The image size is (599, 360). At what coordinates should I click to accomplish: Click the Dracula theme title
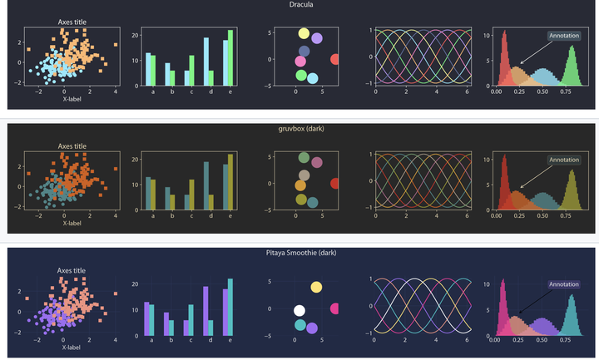(x=301, y=5)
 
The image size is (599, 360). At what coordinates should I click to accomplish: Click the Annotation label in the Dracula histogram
(x=564, y=36)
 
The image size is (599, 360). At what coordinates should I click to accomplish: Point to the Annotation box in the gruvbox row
(x=564, y=160)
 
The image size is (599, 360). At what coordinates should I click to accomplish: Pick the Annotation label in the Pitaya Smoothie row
(x=564, y=284)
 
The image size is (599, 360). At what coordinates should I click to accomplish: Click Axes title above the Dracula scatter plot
(x=72, y=22)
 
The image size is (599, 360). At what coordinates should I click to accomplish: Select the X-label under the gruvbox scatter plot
(x=72, y=223)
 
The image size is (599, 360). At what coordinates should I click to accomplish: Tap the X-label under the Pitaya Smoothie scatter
(x=72, y=347)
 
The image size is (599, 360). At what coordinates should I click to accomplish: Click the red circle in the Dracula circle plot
(x=334, y=59)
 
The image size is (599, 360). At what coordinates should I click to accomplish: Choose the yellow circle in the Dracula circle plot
(x=304, y=36)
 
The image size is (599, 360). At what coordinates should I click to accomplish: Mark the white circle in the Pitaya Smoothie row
(x=299, y=311)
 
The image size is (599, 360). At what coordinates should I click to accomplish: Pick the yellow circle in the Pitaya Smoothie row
(x=316, y=288)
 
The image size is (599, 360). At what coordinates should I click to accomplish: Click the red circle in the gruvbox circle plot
(x=334, y=184)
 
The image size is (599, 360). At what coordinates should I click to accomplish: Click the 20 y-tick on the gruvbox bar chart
(x=135, y=160)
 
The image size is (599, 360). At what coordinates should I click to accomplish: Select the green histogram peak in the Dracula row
(x=572, y=67)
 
